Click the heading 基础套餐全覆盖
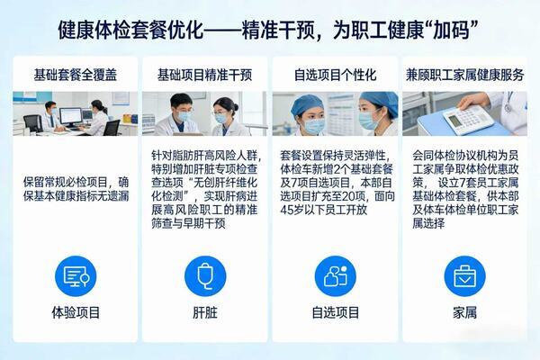pos(76,75)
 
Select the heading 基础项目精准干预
pos(205,75)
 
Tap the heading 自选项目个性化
pos(335,75)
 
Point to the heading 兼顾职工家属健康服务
pos(464,75)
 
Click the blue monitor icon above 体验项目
pos(76,276)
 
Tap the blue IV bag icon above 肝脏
pos(205,276)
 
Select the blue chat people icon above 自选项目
pos(336,276)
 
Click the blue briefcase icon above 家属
pos(465,276)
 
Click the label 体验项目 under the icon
pos(76,313)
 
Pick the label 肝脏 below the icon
pos(205,313)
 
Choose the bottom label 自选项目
pos(336,313)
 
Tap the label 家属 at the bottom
pos(465,313)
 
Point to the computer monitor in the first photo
pos(70,117)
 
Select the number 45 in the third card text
pos(287,210)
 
